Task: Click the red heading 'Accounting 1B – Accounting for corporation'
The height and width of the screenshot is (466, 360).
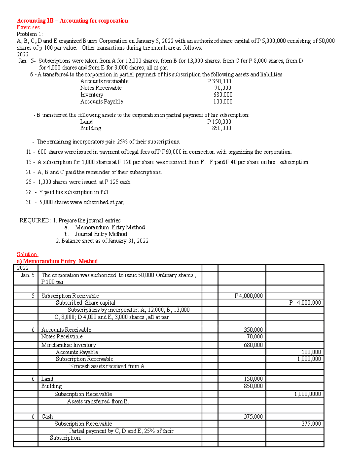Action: [72, 20]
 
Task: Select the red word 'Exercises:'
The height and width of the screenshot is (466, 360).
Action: [28, 27]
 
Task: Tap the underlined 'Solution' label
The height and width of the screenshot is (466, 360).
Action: [27, 254]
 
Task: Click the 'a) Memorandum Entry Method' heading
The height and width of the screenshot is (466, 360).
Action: [57, 261]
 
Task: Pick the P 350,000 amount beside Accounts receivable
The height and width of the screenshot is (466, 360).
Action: [219, 81]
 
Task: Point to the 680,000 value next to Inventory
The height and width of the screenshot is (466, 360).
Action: [223, 95]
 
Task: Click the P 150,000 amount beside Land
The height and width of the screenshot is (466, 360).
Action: [219, 122]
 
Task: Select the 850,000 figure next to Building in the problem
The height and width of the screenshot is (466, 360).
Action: [222, 128]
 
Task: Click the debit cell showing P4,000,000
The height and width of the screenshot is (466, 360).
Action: [249, 296]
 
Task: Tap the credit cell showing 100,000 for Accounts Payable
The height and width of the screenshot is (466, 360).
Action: [311, 352]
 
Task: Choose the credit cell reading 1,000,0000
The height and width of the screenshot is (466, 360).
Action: [307, 394]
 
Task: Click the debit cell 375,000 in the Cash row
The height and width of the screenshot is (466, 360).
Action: [253, 416]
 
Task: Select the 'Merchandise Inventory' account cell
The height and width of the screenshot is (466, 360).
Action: [69, 345]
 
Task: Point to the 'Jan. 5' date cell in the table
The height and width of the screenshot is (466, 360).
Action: [28, 275]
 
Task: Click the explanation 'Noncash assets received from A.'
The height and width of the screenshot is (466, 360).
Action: [107, 366]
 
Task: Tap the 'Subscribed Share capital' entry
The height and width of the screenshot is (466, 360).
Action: [85, 302]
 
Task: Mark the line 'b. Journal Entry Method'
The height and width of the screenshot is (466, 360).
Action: [96, 234]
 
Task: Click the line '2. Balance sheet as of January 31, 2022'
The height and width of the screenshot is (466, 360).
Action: [102, 241]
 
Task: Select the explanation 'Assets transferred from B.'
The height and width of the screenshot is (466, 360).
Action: [98, 401]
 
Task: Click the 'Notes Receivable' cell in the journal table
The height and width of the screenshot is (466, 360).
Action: [62, 337]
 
